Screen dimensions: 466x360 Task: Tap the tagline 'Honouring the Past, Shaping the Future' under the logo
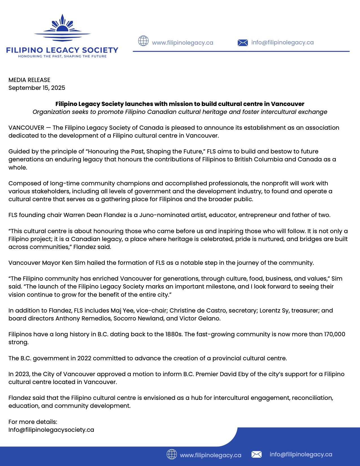click(x=62, y=56)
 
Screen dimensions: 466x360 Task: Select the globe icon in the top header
click(x=143, y=41)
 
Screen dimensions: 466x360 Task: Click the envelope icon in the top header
click(x=243, y=43)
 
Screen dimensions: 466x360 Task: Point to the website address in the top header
click(x=182, y=43)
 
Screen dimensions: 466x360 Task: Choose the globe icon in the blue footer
click(x=172, y=454)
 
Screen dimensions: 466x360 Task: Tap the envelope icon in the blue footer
click(x=256, y=454)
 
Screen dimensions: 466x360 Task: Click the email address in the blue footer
click(x=301, y=454)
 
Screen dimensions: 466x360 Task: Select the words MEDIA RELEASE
click(x=29, y=80)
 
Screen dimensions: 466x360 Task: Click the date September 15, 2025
click(x=37, y=88)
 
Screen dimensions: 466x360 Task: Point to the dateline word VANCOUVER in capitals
click(x=26, y=128)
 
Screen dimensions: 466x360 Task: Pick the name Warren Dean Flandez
click(x=95, y=215)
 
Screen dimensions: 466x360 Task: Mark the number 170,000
click(x=335, y=334)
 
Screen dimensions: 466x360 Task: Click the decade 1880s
click(x=174, y=334)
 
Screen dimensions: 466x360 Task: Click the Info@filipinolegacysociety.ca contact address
click(x=51, y=430)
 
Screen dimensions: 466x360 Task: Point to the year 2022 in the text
click(x=84, y=358)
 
